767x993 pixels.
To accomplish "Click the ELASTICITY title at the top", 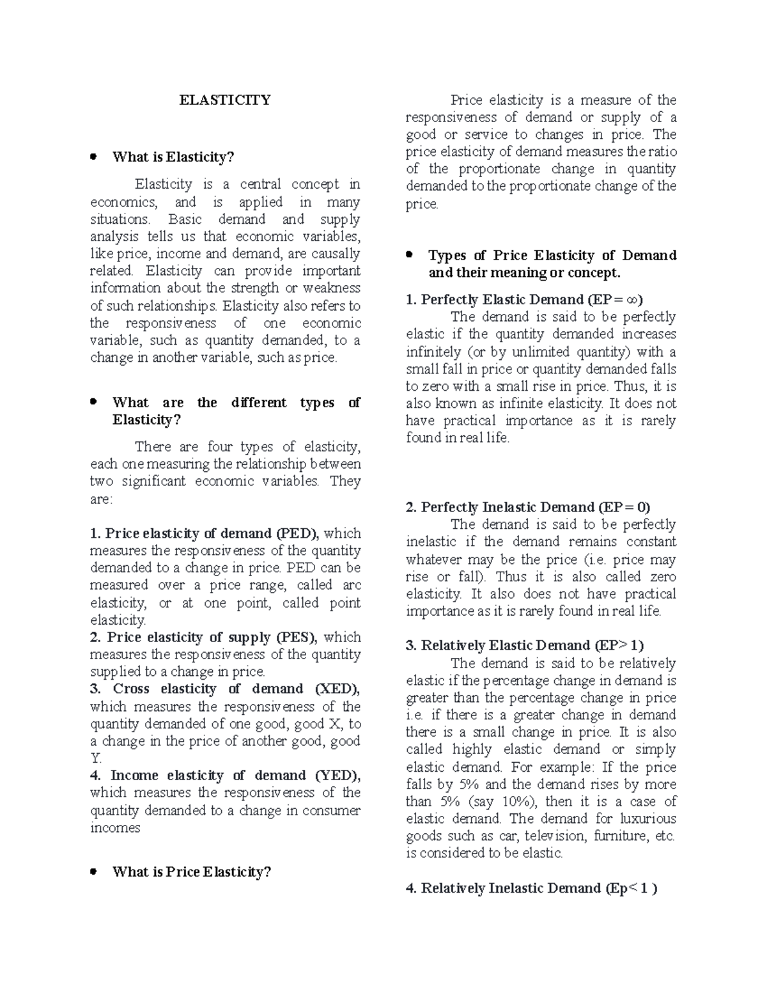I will (x=225, y=100).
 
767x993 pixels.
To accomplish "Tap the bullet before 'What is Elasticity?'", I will (x=93, y=156).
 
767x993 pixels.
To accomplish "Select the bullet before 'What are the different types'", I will (x=93, y=402).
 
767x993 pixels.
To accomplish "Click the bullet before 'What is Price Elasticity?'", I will (x=93, y=871).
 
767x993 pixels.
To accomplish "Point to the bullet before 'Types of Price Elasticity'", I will (x=410, y=254).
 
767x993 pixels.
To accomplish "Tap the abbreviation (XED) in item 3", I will (x=337, y=689).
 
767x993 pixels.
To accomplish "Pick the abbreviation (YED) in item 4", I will (x=338, y=775).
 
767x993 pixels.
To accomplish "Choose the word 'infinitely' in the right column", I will (x=433, y=352).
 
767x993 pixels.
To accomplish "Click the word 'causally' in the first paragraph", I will (x=336, y=254).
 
